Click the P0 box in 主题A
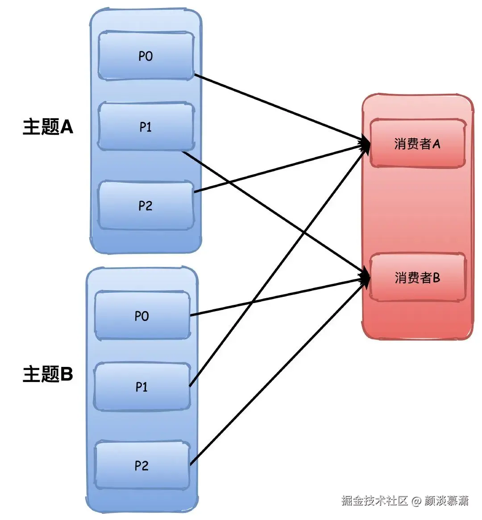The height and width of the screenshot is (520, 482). coord(145,56)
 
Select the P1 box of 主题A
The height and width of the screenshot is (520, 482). coord(145,127)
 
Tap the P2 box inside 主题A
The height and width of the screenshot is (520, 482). coord(145,205)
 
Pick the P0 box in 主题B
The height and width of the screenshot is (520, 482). coord(142,316)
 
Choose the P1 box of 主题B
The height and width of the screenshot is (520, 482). coord(142,387)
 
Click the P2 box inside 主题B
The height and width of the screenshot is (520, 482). coord(142,466)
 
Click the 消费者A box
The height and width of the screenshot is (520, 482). coord(417,143)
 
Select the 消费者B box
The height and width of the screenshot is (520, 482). coord(417,278)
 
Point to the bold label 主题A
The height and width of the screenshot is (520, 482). coord(48,127)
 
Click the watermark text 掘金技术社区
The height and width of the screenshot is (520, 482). coord(375,501)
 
